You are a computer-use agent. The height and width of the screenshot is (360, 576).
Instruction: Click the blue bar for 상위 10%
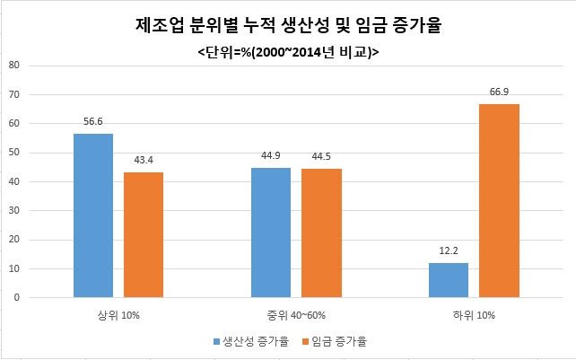tap(93, 215)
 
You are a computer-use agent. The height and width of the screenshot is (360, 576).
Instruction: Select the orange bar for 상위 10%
tap(144, 234)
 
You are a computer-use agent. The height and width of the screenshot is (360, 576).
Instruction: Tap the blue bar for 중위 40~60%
tap(271, 233)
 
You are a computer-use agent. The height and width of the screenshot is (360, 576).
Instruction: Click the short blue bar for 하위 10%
tap(449, 280)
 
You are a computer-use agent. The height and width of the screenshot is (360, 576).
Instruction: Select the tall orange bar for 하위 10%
tap(499, 201)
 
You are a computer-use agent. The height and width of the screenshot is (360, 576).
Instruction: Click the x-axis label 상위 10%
tap(118, 316)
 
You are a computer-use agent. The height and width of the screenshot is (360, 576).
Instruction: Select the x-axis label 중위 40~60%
tap(296, 316)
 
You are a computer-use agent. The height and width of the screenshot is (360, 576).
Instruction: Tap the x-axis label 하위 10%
tap(474, 316)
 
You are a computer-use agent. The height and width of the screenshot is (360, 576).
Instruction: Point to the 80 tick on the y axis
tap(13, 66)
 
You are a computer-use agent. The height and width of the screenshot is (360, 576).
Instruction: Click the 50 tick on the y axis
tap(13, 153)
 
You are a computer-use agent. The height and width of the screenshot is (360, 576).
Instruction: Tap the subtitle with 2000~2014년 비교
tap(287, 53)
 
